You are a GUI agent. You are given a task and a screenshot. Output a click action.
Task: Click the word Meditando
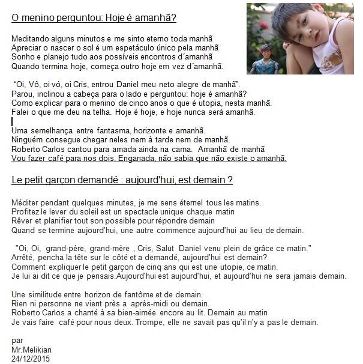[x=31, y=38]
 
